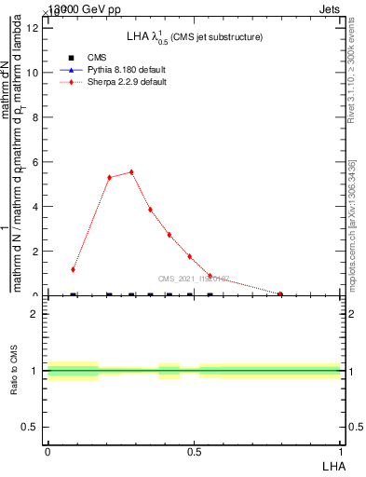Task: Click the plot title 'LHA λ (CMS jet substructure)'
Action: pos(195,36)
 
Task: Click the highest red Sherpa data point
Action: pos(131,171)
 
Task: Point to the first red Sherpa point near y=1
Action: pos(73,269)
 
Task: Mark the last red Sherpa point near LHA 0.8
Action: pos(280,294)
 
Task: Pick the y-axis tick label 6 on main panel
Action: pos(34,162)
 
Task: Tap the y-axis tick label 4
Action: pos(34,207)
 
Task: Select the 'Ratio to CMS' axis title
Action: pos(14,370)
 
